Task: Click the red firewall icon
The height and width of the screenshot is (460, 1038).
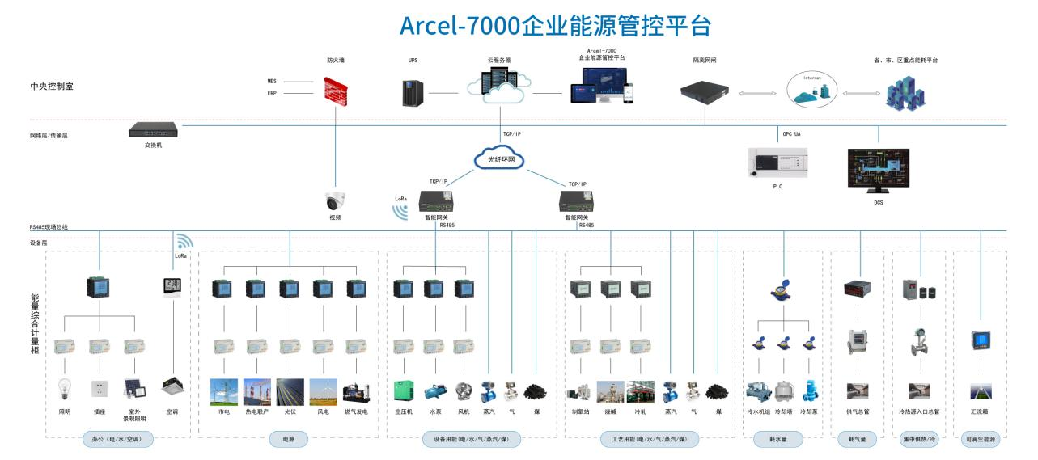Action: (337, 91)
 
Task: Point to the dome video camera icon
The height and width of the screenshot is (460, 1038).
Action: (335, 201)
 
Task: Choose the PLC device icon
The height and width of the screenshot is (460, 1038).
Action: (777, 162)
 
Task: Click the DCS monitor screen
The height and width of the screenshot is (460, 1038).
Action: (878, 171)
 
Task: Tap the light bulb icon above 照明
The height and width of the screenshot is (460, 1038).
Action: (65, 390)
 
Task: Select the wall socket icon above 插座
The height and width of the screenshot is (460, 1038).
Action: (100, 390)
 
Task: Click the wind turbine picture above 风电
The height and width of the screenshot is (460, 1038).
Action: (324, 391)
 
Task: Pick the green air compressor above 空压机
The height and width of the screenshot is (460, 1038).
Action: (405, 391)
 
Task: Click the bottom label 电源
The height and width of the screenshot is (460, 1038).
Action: (289, 441)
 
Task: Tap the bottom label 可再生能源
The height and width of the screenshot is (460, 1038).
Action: (980, 441)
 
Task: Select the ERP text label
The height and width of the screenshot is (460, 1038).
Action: (272, 94)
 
